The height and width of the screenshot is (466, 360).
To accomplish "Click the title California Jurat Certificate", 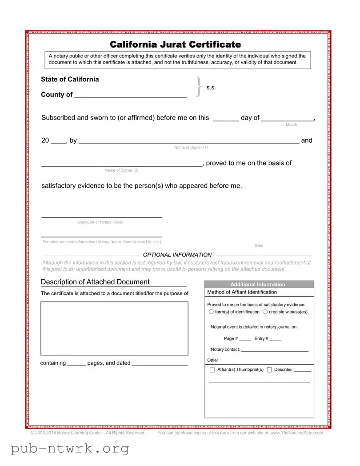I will click(175, 44).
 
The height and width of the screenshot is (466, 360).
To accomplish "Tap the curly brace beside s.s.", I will click(199, 87).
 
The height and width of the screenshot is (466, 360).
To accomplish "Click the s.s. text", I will click(211, 88).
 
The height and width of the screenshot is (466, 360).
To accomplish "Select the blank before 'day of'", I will click(226, 119).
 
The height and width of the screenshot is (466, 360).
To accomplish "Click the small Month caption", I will click(291, 125).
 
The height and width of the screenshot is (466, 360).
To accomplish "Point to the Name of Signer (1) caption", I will click(191, 148).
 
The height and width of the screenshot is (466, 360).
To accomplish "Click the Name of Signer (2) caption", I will click(121, 170).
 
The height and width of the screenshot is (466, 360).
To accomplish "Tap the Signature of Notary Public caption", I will click(100, 222).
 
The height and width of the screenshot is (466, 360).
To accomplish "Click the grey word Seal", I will click(259, 245).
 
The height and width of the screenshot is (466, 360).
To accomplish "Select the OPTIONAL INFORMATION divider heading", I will click(177, 255).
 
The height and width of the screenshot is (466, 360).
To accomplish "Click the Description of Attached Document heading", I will click(95, 282).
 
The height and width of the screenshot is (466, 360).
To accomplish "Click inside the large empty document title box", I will click(114, 328).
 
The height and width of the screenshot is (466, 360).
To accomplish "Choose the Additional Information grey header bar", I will click(259, 285).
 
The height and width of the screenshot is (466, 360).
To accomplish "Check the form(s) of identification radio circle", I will click(211, 312).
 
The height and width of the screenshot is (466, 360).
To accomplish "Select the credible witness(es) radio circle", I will click(265, 312).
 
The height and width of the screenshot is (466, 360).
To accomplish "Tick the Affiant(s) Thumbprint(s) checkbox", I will click(212, 370).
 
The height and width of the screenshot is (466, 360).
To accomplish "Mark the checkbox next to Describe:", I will click(269, 370).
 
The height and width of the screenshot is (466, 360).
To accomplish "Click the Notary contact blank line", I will click(275, 350).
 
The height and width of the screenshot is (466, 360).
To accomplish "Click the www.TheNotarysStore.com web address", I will click(296, 433).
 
